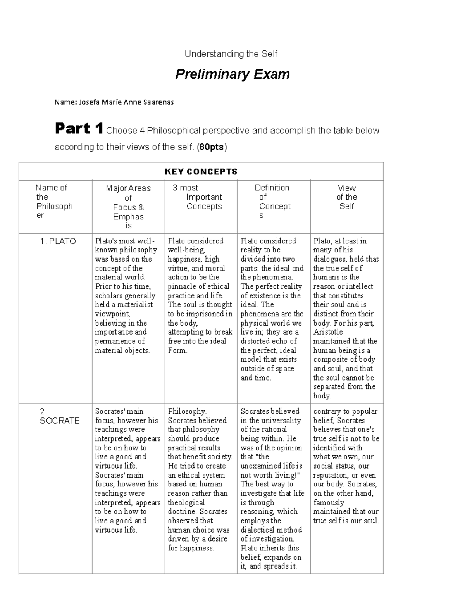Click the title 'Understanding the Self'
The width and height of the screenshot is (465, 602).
231,54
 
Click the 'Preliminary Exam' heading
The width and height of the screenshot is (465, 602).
232,74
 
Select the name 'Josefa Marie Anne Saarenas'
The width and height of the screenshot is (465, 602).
126,102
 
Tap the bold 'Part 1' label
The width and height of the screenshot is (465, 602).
79,129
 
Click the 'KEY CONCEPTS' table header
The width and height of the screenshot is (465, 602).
201,172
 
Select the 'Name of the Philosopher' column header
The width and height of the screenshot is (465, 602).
54,202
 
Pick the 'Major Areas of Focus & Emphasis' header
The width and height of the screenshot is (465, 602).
128,207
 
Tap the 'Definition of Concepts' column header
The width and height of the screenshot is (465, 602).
272,202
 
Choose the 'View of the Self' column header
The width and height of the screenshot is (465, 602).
346,197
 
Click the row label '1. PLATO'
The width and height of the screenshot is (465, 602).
58,241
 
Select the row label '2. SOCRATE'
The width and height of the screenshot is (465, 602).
59,416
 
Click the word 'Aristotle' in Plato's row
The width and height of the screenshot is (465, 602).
328,332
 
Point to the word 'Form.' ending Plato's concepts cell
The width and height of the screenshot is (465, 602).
177,350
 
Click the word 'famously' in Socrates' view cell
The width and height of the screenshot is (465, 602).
329,502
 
